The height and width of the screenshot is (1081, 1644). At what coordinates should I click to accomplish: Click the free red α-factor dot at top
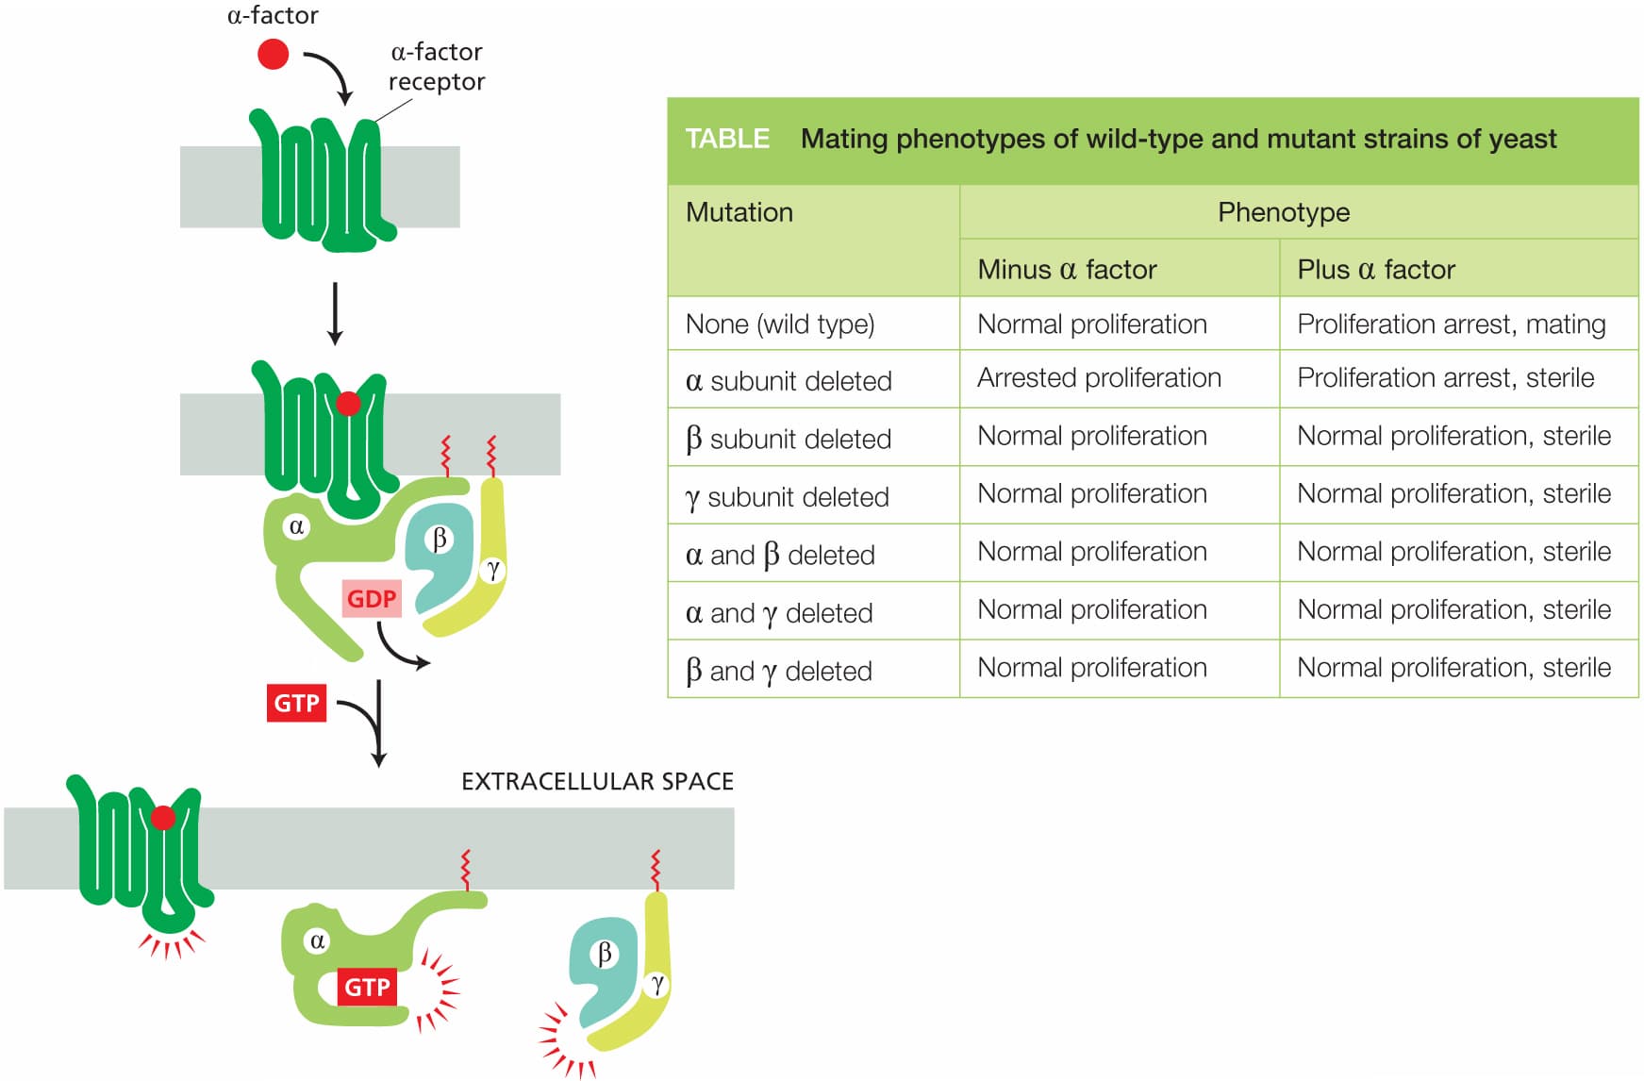click(x=273, y=54)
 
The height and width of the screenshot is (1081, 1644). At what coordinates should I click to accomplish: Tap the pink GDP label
click(x=372, y=599)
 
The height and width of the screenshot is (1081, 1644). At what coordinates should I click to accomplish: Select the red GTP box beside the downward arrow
click(x=296, y=703)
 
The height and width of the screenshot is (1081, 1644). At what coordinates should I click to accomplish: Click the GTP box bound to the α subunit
click(x=367, y=987)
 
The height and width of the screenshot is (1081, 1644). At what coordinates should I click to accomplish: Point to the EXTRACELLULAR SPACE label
click(x=597, y=781)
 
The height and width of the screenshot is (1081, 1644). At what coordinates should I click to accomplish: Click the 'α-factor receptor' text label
click(x=437, y=66)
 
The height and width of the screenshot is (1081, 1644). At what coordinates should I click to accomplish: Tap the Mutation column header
click(x=739, y=212)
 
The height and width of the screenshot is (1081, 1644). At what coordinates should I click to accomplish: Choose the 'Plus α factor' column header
click(x=1376, y=270)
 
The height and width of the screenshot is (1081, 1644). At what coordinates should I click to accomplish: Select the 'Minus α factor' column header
click(x=1067, y=270)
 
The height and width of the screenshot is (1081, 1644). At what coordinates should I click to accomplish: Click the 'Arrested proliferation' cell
click(x=1099, y=378)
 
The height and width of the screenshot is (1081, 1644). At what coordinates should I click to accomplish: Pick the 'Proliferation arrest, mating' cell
click(x=1451, y=324)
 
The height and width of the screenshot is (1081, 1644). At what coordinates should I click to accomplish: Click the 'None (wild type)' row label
click(x=780, y=324)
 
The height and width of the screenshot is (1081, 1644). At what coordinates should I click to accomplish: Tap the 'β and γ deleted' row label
click(x=779, y=671)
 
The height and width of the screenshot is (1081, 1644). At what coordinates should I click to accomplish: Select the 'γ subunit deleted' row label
click(x=788, y=497)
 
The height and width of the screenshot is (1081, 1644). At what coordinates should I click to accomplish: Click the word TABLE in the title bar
click(x=727, y=139)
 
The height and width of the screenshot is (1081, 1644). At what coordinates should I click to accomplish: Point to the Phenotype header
click(x=1284, y=212)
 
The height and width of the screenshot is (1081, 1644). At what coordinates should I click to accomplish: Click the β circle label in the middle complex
click(x=439, y=540)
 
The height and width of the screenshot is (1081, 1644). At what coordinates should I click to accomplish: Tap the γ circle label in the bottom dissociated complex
click(x=656, y=985)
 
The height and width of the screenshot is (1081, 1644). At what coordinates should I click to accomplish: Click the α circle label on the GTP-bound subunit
click(x=317, y=940)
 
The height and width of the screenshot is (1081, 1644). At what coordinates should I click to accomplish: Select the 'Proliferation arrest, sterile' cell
click(x=1446, y=378)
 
